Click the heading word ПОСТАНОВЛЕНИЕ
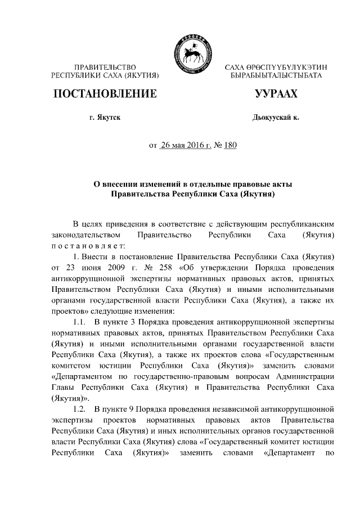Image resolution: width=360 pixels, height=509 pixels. pyautogui.click(x=105, y=94)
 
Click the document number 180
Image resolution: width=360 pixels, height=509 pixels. pyautogui.click(x=230, y=146)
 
